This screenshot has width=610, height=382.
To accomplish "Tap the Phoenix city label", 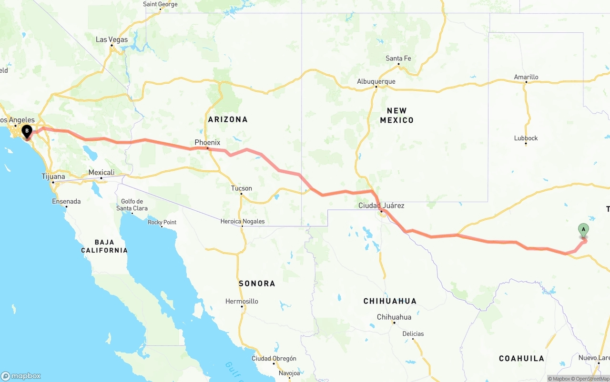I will point(207,142).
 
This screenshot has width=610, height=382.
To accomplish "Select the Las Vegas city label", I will point(112,39).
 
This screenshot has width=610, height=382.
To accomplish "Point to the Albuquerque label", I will point(376,81).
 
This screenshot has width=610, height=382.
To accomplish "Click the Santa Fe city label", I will point(398,59).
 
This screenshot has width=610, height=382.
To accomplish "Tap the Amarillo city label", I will point(526,77).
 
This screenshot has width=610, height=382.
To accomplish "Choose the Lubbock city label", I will point(526,138).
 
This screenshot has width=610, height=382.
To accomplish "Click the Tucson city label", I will point(241,188).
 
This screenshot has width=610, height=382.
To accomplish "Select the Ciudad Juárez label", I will point(381,206).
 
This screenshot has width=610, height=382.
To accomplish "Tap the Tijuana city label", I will point(53,176).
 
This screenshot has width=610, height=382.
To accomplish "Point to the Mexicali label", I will point(101,172).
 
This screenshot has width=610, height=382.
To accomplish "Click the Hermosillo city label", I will point(242,301).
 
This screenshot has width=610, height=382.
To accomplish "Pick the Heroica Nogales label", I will point(242,221).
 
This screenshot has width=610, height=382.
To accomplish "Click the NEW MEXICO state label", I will point(396,115).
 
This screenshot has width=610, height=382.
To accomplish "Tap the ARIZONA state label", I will point(227,119).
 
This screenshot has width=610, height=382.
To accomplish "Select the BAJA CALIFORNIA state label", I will point(104,246).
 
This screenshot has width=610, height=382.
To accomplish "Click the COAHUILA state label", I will point(521,358).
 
